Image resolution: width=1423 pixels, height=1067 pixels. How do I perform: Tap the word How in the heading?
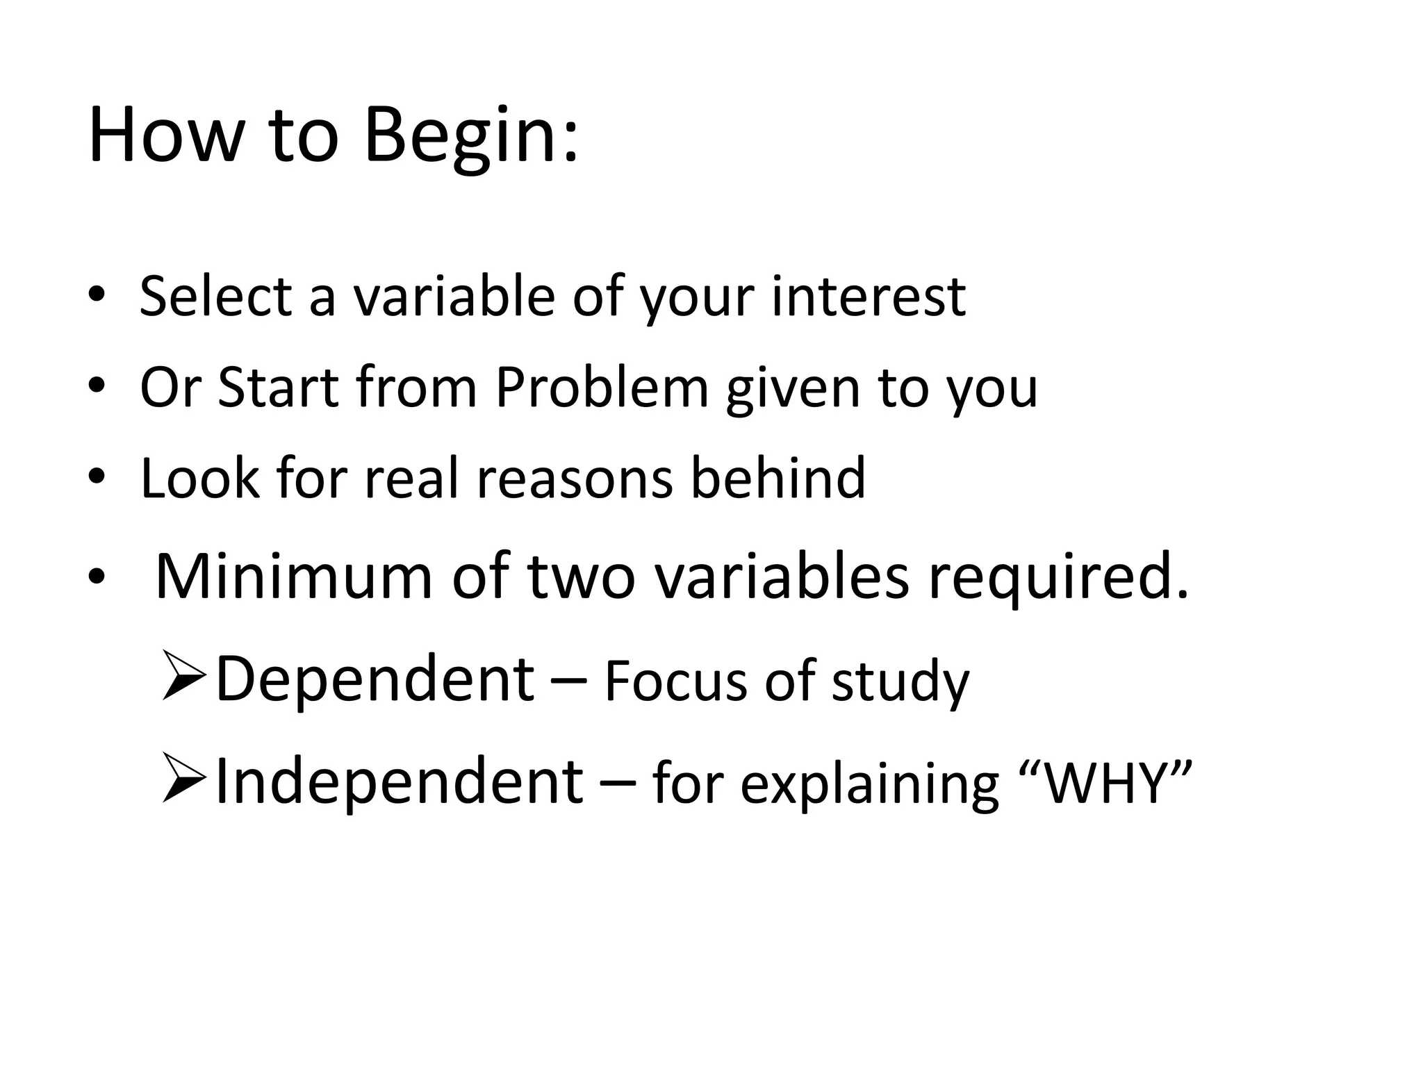pyautogui.click(x=163, y=135)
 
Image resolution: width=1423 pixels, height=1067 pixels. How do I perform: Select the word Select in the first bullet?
pyautogui.click(x=215, y=297)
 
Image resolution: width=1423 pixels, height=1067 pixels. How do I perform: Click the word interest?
pyautogui.click(x=868, y=297)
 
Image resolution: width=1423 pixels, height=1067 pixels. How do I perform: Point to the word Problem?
pyautogui.click(x=602, y=387)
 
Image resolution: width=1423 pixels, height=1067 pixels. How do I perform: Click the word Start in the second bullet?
pyautogui.click(x=278, y=387)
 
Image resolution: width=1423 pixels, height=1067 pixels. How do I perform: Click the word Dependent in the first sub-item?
pyautogui.click(x=375, y=679)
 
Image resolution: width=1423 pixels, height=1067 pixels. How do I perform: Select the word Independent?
pyautogui.click(x=399, y=781)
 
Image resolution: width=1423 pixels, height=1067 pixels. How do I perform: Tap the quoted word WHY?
pyautogui.click(x=1109, y=783)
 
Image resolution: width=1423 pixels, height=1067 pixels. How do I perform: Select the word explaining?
pyautogui.click(x=869, y=785)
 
